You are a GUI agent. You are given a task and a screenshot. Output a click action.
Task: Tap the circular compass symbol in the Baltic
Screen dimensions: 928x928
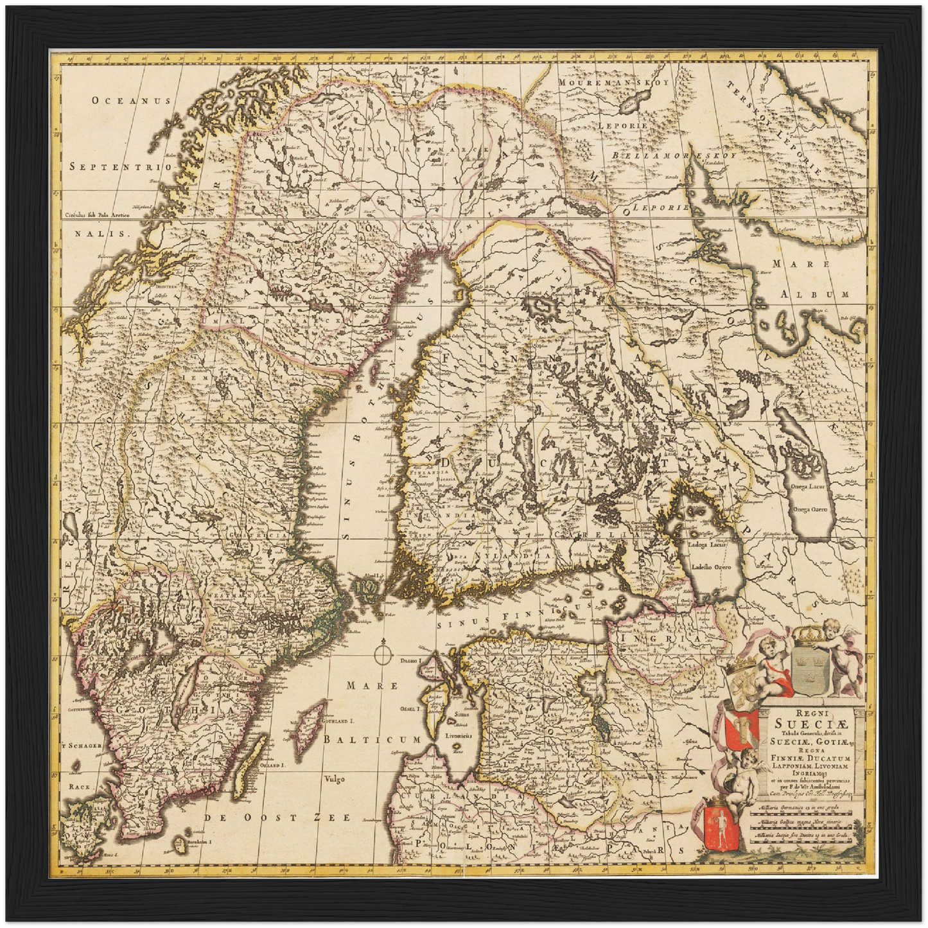coord(381,654)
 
